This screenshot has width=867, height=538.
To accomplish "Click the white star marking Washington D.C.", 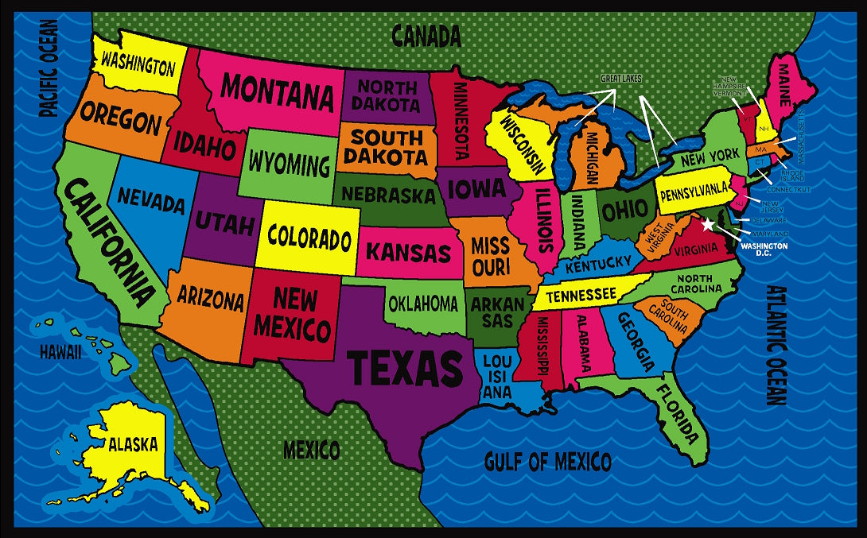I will click(708, 225).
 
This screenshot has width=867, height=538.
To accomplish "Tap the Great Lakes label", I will click(620, 79).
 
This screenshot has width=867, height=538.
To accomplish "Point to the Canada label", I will click(426, 35).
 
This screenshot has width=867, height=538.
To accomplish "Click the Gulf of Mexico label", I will click(548, 462).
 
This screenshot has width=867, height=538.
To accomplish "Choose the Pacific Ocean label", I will click(49, 68).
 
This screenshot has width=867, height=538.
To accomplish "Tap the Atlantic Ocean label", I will click(776, 345).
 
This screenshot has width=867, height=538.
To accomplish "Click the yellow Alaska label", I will click(133, 444).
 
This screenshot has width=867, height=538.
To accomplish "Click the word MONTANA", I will click(277, 93).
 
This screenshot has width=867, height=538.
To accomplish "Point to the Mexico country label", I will click(312, 451).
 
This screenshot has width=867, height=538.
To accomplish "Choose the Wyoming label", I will click(289, 164).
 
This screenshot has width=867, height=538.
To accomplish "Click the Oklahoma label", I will click(423, 304).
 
